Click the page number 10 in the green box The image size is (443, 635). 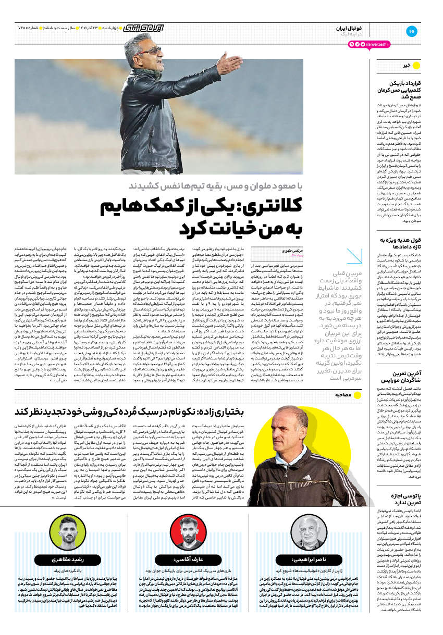411,31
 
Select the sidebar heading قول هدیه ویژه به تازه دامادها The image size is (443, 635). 400,243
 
